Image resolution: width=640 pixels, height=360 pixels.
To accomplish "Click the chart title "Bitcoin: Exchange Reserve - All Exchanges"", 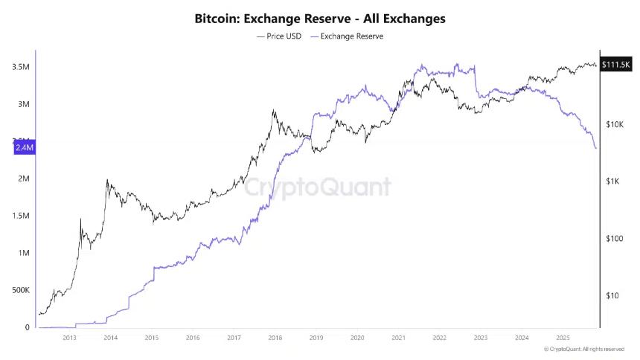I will pyautogui.click(x=319, y=17).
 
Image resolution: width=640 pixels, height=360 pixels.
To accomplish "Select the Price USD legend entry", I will pyautogui.click(x=279, y=36).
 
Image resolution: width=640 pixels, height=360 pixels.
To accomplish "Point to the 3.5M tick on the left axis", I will pyautogui.click(x=21, y=67).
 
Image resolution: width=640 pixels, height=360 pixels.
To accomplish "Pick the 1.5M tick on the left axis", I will pyautogui.click(x=21, y=216).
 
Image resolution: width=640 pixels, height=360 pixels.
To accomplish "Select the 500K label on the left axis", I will pyautogui.click(x=19, y=290).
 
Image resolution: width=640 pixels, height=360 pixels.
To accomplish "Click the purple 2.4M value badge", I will pyautogui.click(x=25, y=148).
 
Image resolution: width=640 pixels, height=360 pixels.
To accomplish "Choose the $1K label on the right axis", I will pyautogui.click(x=613, y=181).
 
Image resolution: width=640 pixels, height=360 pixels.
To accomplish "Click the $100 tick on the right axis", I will pyautogui.click(x=613, y=239).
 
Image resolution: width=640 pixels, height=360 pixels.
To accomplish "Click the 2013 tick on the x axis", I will pyautogui.click(x=69, y=337).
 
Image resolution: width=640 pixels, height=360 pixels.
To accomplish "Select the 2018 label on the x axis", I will pyautogui.click(x=275, y=337).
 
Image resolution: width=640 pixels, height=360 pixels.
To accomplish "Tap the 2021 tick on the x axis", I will pyautogui.click(x=398, y=337).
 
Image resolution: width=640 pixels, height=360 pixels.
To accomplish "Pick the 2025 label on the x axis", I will pyautogui.click(x=563, y=337).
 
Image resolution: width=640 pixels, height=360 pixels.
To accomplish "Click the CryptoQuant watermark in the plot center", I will pyautogui.click(x=319, y=186).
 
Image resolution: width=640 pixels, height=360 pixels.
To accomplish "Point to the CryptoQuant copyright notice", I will pyautogui.click(x=583, y=349).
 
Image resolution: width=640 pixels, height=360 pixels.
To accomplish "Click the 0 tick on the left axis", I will pyautogui.click(x=28, y=327).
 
